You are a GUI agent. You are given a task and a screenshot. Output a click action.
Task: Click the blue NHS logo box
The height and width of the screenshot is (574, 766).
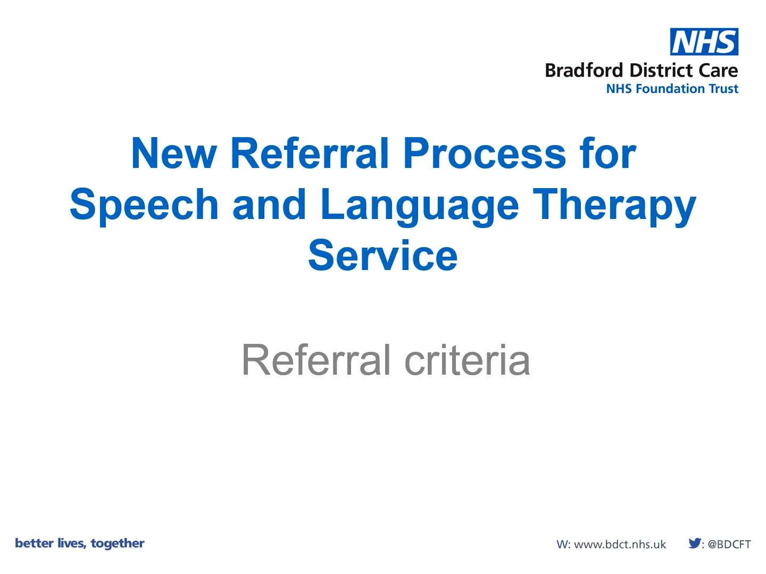(704, 42)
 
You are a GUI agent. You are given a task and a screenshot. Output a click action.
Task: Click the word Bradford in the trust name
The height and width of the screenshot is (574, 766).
(584, 71)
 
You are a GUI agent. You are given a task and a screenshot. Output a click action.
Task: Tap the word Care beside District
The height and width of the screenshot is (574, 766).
(718, 71)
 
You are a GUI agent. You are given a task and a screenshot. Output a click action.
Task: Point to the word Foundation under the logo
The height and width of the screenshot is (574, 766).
(668, 89)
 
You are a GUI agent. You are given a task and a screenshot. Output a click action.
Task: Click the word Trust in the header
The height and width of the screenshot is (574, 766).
(722, 89)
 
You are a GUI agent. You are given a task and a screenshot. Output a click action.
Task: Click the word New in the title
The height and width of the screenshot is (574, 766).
(173, 154)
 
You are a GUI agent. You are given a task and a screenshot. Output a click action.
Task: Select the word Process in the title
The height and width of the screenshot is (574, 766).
(484, 154)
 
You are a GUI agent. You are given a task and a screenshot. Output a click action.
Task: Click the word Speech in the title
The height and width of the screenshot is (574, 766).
(144, 205)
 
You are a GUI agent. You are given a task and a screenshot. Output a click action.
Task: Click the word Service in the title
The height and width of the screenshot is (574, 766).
(382, 256)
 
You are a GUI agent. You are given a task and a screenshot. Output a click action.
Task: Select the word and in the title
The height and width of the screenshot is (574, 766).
(269, 205)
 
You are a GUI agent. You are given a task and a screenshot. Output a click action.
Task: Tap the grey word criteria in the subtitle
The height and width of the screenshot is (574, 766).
(467, 360)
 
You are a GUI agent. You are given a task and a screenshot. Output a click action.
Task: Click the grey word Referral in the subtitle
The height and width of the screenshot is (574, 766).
(316, 360)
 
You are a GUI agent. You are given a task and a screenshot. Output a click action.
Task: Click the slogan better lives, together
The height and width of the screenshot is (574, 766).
(80, 543)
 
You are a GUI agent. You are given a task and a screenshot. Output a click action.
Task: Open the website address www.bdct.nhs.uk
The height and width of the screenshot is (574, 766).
(620, 544)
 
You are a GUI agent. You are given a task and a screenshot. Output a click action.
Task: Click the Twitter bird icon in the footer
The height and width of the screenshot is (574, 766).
(694, 543)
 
